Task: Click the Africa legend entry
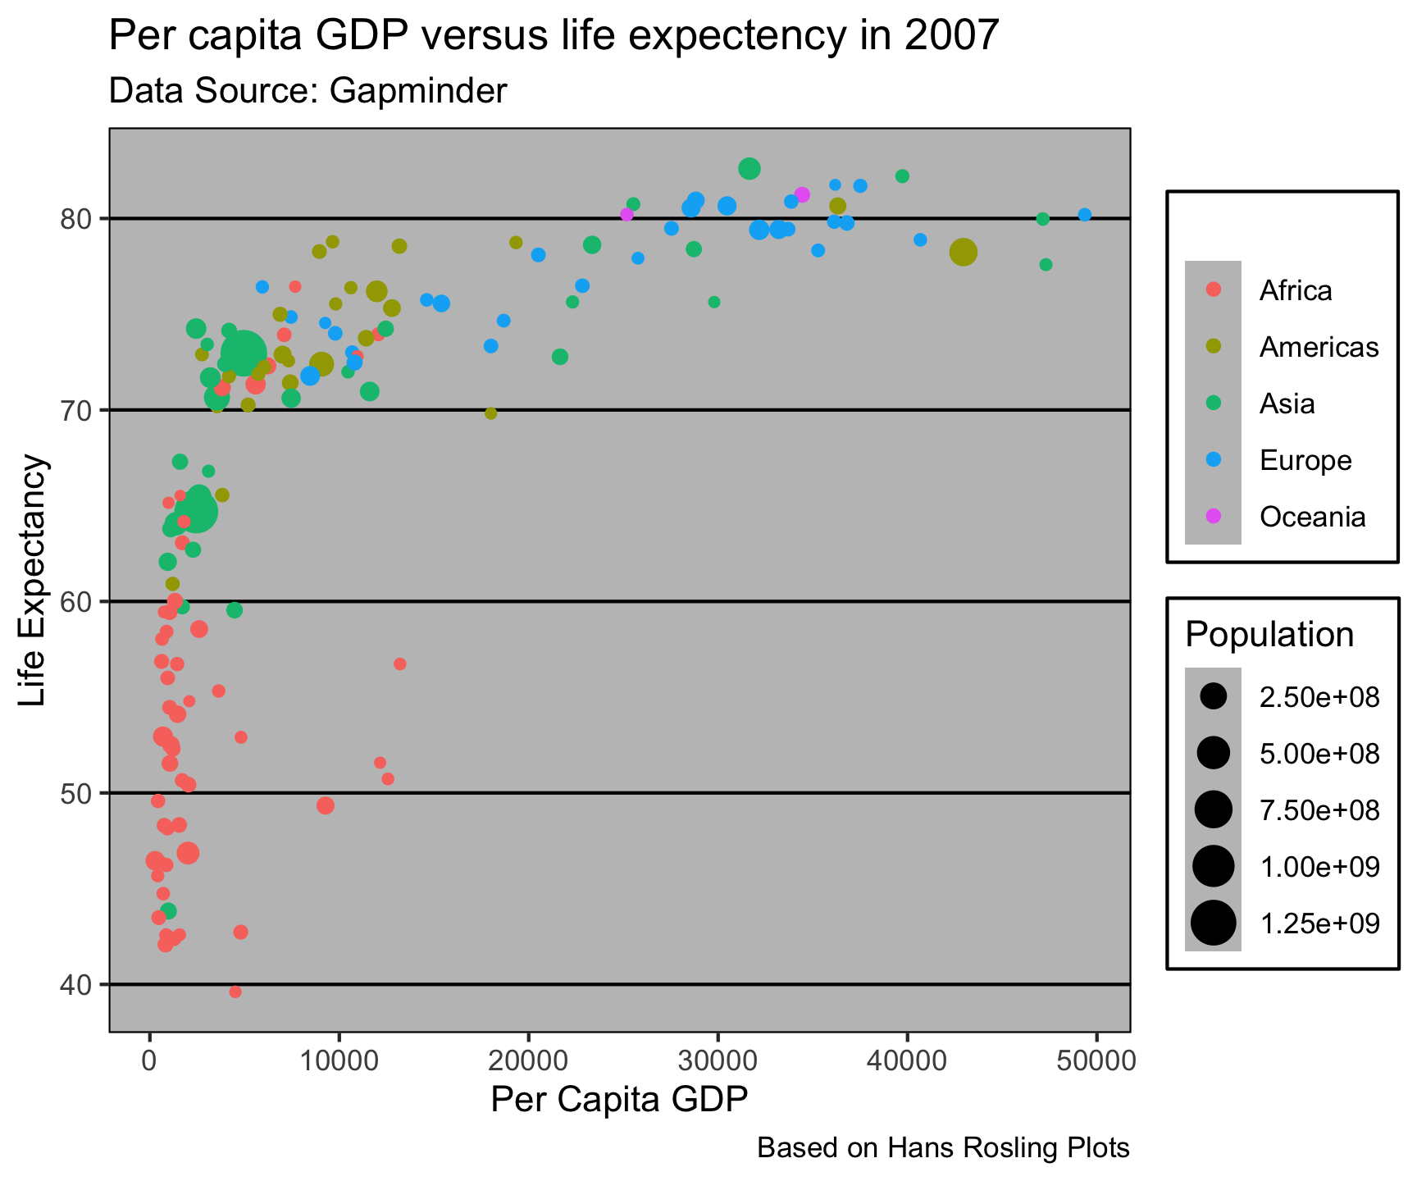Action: click(1296, 290)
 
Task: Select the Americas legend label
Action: click(1319, 347)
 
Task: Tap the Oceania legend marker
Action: click(1214, 517)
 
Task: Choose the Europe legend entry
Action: click(1305, 460)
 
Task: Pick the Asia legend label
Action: click(1287, 404)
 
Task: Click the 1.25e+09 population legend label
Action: click(1319, 923)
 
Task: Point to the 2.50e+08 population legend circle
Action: click(1214, 696)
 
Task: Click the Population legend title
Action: click(1269, 634)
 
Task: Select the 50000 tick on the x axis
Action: click(1096, 1060)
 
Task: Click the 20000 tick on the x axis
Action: click(528, 1060)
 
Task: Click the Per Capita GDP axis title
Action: click(619, 1100)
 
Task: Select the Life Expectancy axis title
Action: click(34, 581)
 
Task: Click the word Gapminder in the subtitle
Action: click(418, 91)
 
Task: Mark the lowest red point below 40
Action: click(235, 992)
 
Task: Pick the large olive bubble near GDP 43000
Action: click(964, 253)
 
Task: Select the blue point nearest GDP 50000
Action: click(1085, 215)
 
